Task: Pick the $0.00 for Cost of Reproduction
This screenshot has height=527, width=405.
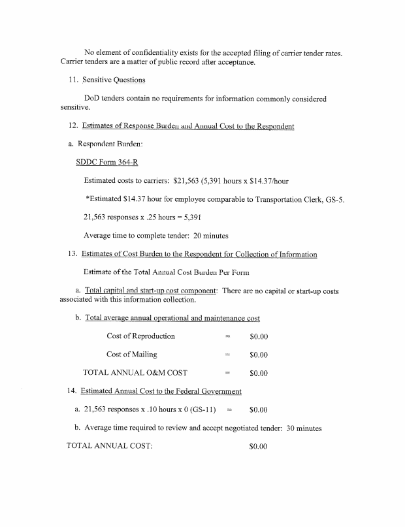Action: click(259, 336)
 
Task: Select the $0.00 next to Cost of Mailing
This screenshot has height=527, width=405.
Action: click(259, 355)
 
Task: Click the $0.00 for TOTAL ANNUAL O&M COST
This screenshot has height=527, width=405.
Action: click(259, 374)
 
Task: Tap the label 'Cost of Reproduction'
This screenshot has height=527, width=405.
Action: click(140, 336)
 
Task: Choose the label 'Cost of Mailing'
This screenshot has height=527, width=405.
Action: click(131, 355)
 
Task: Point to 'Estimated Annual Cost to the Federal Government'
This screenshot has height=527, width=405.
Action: click(161, 391)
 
